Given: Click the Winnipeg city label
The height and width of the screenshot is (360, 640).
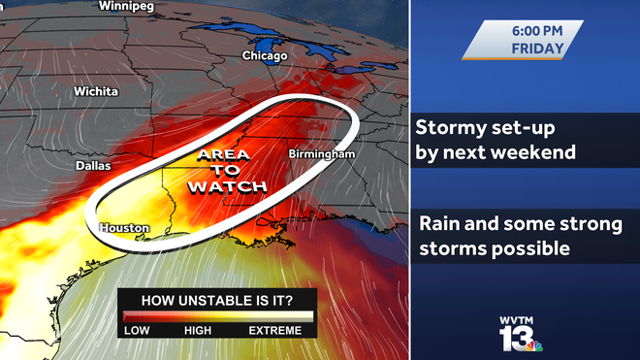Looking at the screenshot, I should [x=126, y=6].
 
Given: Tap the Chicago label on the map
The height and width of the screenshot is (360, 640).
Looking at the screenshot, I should [x=264, y=56].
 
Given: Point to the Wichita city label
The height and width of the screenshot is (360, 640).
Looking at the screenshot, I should [x=96, y=91].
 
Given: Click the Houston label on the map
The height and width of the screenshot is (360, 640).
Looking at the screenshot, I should [x=124, y=229].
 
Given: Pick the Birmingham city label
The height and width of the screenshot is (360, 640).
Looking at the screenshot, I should [x=322, y=154].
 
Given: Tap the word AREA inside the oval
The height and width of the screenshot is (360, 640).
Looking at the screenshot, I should [x=224, y=155].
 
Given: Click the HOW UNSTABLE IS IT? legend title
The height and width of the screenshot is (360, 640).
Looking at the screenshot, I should [x=217, y=299].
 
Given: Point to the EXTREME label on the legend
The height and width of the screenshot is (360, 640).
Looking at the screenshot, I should [x=275, y=331].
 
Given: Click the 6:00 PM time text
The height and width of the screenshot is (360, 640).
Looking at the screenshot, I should [x=536, y=31].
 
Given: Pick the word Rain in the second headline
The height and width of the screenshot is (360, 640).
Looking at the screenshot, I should [x=438, y=224].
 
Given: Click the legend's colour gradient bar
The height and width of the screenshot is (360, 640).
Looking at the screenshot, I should [x=217, y=316].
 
